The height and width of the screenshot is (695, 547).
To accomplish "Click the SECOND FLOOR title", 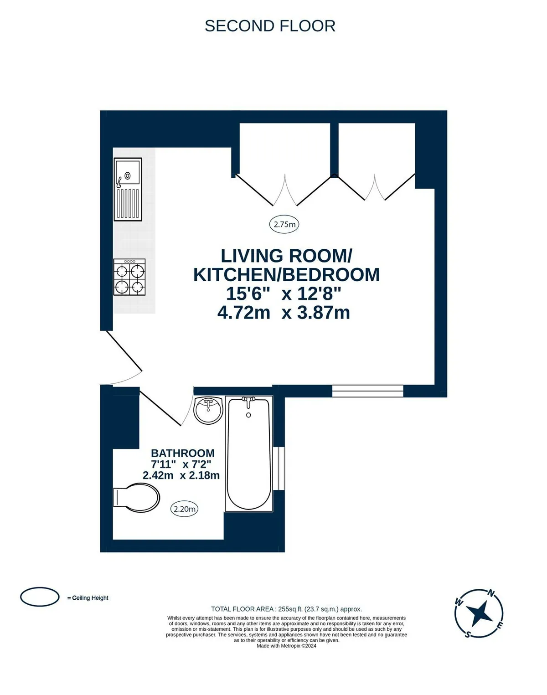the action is point(270,26).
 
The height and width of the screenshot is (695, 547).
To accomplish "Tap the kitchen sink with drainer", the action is point(128,189).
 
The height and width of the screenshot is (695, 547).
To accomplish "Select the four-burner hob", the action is point(129,277).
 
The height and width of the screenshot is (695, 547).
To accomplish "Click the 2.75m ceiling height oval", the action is point(284,224).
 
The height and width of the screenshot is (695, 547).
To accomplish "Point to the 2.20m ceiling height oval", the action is point(184,509).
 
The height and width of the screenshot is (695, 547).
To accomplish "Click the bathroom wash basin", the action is point(208,410).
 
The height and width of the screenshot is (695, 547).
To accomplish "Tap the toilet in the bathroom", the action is point(137,497).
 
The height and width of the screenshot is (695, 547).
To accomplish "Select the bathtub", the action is point(249,454).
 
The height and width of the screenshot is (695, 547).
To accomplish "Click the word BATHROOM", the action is point(183,453).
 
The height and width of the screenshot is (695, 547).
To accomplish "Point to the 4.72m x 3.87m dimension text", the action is point(284,313).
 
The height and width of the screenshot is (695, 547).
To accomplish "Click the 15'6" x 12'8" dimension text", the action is point(284,293).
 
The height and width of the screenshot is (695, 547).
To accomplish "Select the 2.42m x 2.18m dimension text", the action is point(181,475).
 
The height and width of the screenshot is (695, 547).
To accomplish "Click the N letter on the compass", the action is point(491,593).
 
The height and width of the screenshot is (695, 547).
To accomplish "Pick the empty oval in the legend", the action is point(40,597).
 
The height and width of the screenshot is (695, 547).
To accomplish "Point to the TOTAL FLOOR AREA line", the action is point(287,609).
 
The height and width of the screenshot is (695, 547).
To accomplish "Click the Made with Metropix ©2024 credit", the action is point(287,646).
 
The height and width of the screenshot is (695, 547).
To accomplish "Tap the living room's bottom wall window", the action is point(368,391).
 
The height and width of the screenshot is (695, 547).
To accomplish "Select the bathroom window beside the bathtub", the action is point(279,468).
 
